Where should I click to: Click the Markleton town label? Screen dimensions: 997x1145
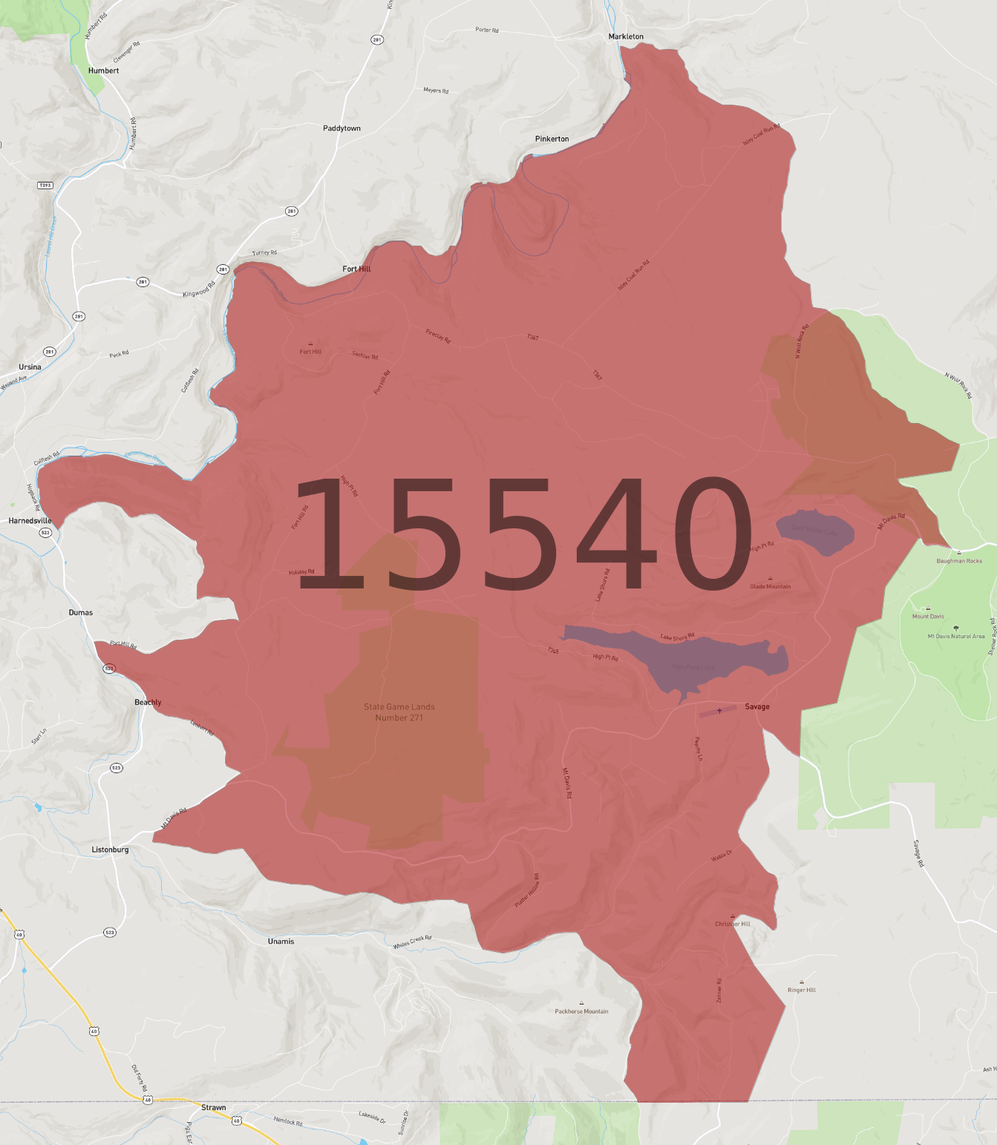626,36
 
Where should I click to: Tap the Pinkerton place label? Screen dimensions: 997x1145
552,139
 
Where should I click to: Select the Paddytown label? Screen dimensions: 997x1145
341,128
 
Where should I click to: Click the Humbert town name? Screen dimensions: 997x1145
103,70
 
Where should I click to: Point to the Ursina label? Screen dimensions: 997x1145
30,367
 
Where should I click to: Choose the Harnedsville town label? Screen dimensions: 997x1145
30,521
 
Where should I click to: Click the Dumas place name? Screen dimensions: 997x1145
80,612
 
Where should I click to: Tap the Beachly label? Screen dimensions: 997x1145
148,702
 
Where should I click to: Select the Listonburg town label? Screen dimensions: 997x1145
110,850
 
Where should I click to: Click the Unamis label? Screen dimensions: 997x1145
281,941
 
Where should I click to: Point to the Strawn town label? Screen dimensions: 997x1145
213,1107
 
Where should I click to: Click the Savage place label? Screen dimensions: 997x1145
757,706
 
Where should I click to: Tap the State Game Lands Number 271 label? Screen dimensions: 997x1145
399,712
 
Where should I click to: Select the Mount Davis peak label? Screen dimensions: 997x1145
928,616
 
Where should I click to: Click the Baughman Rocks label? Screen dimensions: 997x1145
959,561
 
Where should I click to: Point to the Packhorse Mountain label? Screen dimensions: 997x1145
581,1011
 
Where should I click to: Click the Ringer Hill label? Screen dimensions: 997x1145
802,990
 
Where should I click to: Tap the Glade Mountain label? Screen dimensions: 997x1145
771,586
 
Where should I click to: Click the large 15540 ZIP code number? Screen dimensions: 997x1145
523,534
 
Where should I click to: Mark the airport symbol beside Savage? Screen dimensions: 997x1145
719,711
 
